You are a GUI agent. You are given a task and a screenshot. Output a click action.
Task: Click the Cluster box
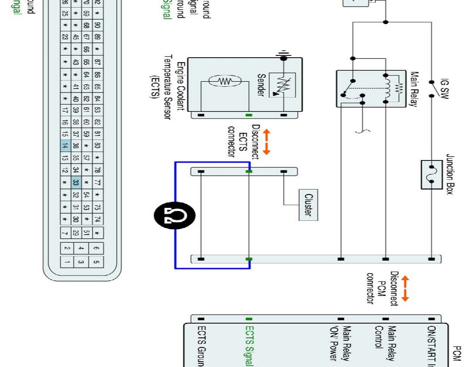coord(308,205)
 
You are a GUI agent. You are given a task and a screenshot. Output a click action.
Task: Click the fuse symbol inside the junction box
coord(432,174)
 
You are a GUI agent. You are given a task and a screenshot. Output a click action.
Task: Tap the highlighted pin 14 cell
coord(65,146)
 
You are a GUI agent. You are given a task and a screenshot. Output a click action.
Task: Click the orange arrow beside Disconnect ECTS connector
coord(267,142)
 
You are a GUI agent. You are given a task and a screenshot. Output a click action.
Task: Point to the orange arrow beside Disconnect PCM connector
coord(405,288)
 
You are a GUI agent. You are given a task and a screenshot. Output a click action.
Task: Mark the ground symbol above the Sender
coord(283,57)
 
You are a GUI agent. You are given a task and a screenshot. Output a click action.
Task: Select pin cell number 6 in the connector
coord(97,248)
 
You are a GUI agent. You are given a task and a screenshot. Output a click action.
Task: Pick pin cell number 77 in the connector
coord(97,182)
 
